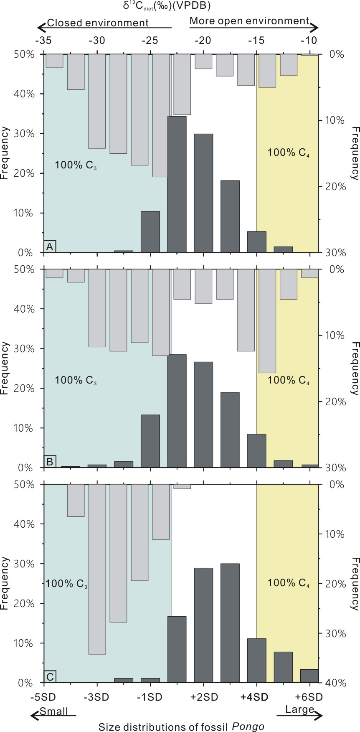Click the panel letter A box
50,247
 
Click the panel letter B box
50,462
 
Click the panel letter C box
50,676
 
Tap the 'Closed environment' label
98,23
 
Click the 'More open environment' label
249,20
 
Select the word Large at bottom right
299,709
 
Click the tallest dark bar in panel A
177,184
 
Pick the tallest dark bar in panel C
230,623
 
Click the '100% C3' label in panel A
76,165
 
